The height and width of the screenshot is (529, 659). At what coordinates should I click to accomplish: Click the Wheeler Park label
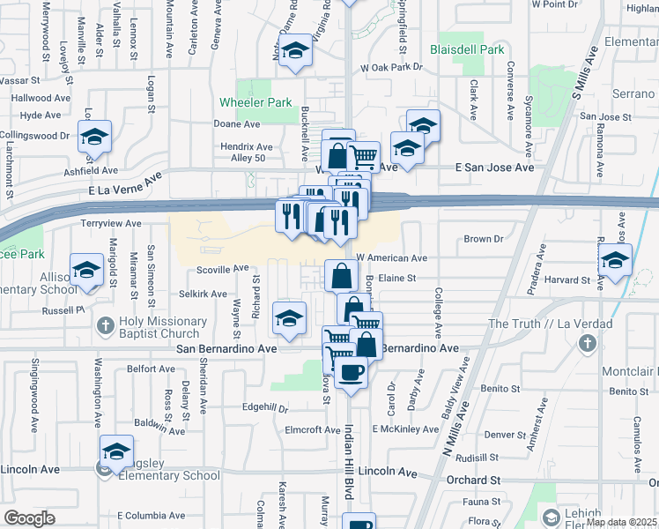pos(255,102)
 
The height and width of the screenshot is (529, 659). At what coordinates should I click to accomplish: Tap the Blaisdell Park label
pos(467,49)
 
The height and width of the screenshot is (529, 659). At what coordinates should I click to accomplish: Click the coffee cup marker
pos(352,372)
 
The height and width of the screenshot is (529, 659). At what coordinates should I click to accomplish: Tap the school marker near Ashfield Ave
pos(93,138)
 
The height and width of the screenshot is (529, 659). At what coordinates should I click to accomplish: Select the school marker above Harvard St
pos(615,260)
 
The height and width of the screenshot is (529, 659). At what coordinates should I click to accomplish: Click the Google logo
pos(29,518)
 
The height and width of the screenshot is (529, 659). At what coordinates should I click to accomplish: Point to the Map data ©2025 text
pos(622,522)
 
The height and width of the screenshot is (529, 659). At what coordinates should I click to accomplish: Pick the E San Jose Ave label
pos(494,167)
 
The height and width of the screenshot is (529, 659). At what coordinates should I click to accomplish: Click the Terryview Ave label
pos(111,224)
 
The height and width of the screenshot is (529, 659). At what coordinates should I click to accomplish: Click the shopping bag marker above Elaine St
pos(341,276)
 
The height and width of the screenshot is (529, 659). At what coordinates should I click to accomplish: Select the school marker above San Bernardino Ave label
pos(289,319)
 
